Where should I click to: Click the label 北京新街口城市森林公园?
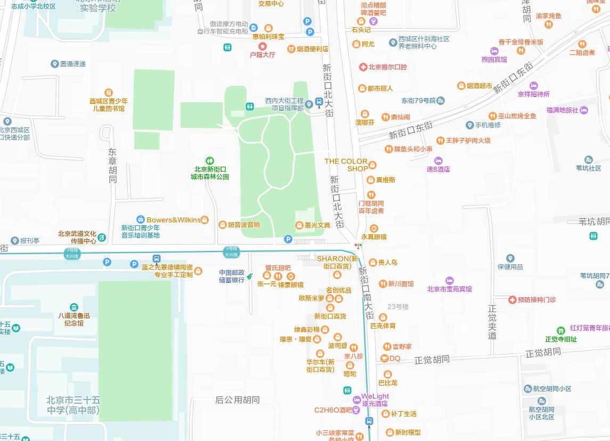(211, 173)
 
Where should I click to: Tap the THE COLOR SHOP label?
(346, 165)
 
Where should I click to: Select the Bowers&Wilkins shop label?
(174, 220)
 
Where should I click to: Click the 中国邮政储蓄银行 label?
(232, 276)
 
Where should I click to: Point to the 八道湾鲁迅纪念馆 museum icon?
(74, 307)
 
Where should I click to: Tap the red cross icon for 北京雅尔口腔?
(363, 67)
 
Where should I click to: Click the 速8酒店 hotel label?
(438, 169)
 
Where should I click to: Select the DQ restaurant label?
(394, 358)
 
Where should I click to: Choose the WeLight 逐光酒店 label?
(375, 400)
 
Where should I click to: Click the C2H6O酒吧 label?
(333, 410)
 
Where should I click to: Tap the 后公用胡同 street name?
(237, 399)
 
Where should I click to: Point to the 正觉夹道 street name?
(492, 322)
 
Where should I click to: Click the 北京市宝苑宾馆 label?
(449, 289)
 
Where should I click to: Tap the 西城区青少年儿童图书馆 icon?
(108, 93)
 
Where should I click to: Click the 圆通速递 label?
(72, 64)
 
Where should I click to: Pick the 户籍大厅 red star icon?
(262, 47)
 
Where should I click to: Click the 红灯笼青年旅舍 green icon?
(560, 331)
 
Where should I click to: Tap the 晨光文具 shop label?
(317, 225)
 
